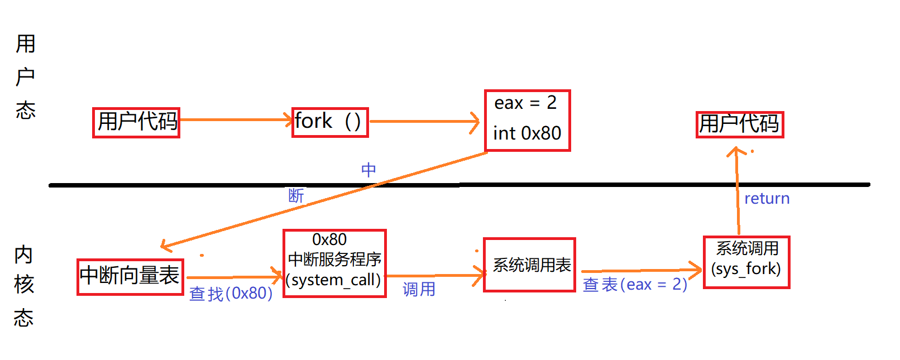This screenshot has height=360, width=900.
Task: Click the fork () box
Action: click(330, 122)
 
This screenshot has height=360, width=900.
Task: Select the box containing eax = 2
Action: click(527, 120)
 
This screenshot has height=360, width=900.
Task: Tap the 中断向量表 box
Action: click(130, 276)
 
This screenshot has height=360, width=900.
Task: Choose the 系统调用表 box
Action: click(529, 265)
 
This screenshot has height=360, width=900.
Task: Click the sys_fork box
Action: click(746, 262)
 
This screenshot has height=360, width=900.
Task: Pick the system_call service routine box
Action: click(334, 263)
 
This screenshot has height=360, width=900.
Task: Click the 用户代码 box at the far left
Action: click(136, 122)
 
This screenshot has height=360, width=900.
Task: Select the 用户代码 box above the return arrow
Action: click(739, 124)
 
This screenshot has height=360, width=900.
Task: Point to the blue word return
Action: click(767, 199)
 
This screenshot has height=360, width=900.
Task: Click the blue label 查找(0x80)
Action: click(231, 293)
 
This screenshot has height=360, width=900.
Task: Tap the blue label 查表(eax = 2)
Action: click(635, 285)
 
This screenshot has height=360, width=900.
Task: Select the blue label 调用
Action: click(419, 289)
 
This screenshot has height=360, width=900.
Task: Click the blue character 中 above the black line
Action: click(368, 170)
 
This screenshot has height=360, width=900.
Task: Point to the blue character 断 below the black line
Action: click(296, 195)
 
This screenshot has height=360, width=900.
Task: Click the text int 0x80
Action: click(527, 133)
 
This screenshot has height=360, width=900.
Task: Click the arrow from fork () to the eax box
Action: click(424, 121)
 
